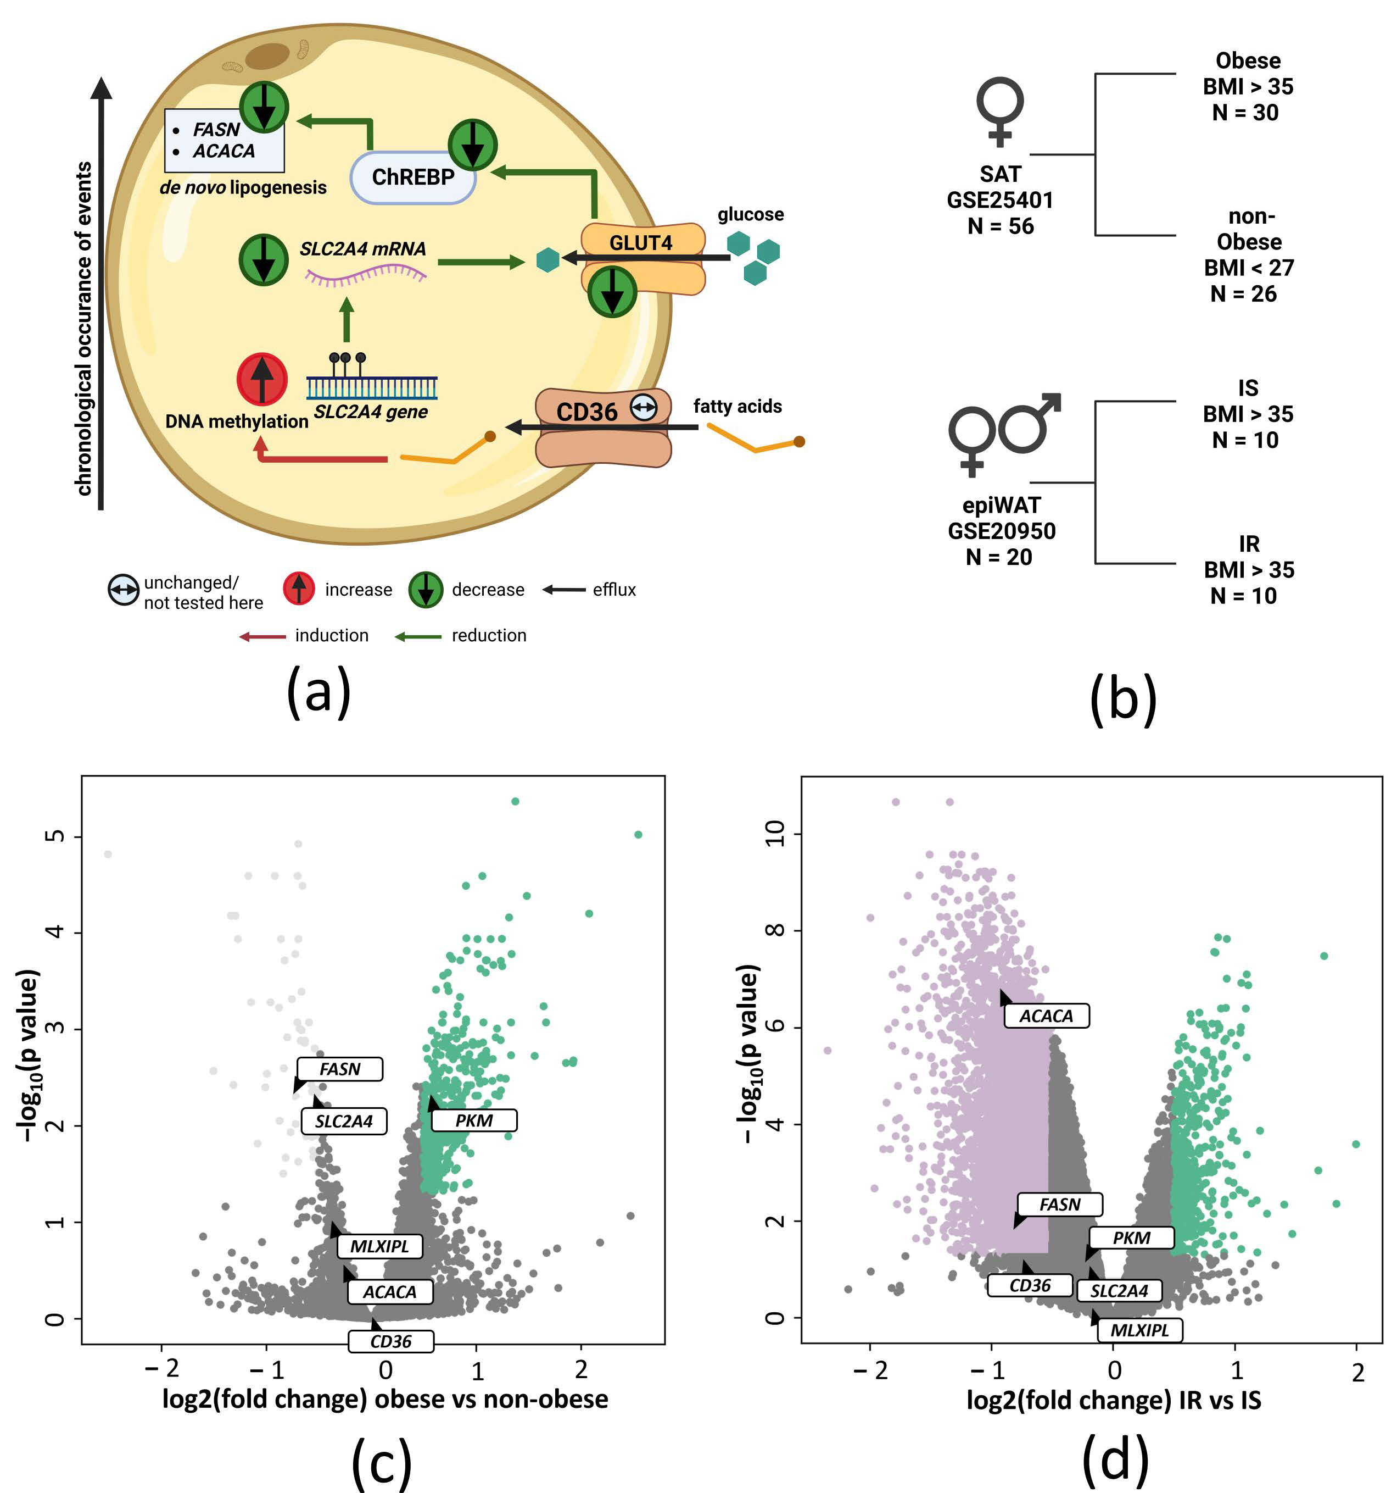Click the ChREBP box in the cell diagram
(413, 177)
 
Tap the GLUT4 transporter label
(640, 242)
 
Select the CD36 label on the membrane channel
(586, 412)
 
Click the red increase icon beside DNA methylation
(262, 379)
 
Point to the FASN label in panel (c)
(339, 1069)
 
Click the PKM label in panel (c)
(474, 1120)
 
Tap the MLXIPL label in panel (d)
(1139, 1330)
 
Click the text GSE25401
(1000, 201)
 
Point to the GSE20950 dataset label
(1002, 531)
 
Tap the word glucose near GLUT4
(750, 214)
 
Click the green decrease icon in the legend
(426, 590)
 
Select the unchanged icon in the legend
(123, 590)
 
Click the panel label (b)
(1122, 698)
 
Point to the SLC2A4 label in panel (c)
(343, 1121)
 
